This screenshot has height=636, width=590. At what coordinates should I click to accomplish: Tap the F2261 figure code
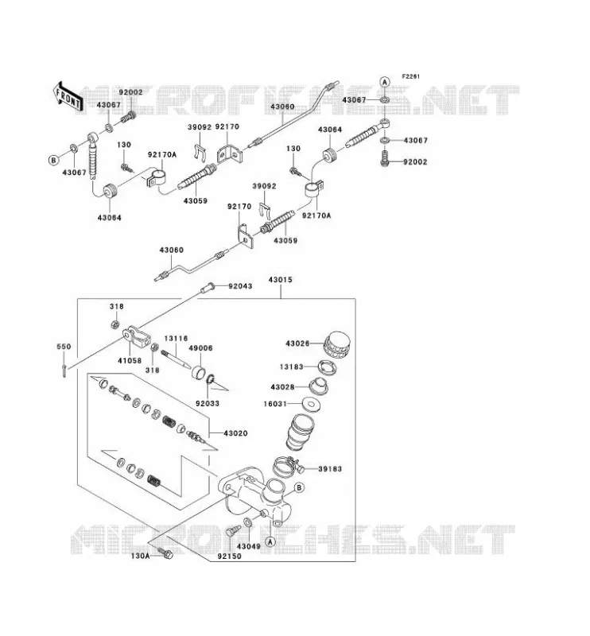pyautogui.click(x=411, y=76)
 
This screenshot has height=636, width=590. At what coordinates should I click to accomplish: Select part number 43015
pyautogui.click(x=280, y=280)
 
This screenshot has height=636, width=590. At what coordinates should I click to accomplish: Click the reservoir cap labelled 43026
pyautogui.click(x=337, y=345)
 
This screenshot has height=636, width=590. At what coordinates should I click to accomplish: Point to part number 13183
pyautogui.click(x=291, y=366)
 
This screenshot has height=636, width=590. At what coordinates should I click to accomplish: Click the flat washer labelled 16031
pyautogui.click(x=311, y=404)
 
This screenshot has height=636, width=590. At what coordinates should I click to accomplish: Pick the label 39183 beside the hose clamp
pyautogui.click(x=330, y=469)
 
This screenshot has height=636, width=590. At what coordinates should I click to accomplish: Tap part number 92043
pyautogui.click(x=240, y=286)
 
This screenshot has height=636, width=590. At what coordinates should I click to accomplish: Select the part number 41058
pyautogui.click(x=130, y=360)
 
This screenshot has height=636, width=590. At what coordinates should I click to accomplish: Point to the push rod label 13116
pyautogui.click(x=176, y=339)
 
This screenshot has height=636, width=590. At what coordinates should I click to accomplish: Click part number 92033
pyautogui.click(x=208, y=403)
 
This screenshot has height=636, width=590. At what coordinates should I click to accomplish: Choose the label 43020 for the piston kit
pyautogui.click(x=235, y=433)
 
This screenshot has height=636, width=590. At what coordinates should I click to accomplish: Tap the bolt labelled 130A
pyautogui.click(x=165, y=553)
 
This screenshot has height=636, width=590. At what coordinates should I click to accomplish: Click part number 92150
pyautogui.click(x=229, y=556)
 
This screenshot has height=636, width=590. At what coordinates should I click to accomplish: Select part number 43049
pyautogui.click(x=248, y=546)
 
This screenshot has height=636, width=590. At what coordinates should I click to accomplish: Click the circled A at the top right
pyautogui.click(x=385, y=82)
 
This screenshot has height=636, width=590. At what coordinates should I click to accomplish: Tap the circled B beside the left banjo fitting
pyautogui.click(x=53, y=161)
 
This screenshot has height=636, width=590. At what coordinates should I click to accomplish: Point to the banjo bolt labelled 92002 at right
pyautogui.click(x=385, y=157)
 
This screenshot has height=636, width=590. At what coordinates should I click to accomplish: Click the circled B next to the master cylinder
pyautogui.click(x=299, y=487)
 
